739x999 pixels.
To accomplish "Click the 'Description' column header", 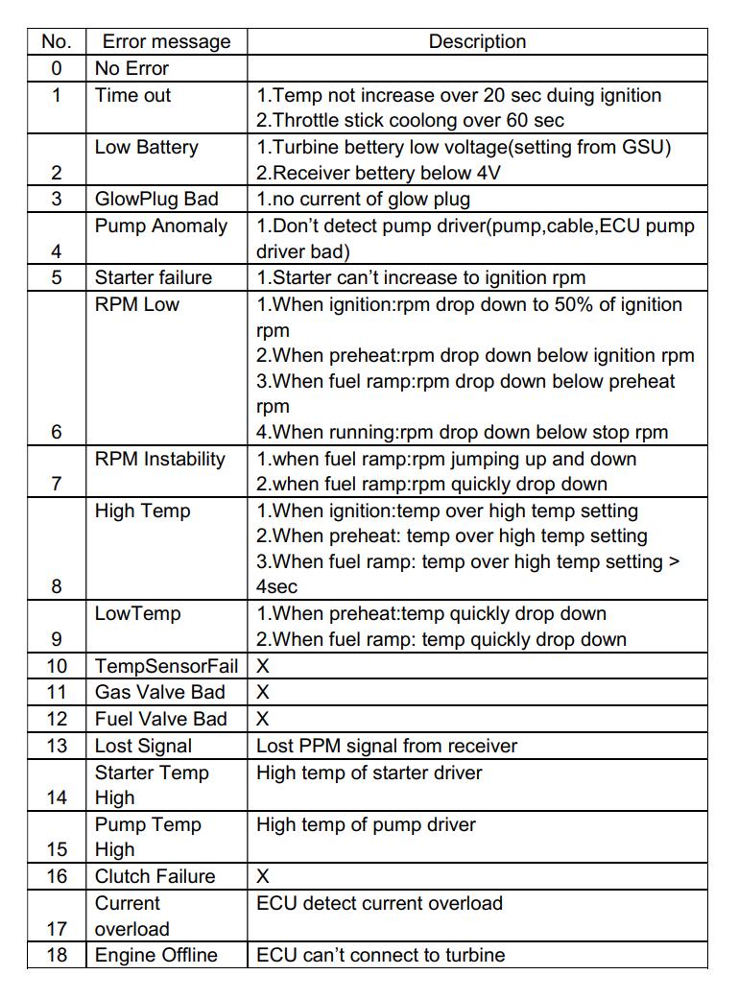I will (477, 42).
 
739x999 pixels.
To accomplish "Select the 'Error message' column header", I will (167, 42).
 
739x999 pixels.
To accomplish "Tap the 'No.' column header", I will (57, 42).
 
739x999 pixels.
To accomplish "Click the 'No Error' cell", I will (131, 68).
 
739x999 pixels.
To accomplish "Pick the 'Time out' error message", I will (133, 95).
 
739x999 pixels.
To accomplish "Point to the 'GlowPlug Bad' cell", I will (156, 200).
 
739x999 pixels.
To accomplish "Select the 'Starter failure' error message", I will (154, 278).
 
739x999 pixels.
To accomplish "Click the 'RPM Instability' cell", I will (160, 460).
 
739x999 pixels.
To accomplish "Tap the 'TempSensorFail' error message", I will (166, 666).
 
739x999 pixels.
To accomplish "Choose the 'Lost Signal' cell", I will (143, 746).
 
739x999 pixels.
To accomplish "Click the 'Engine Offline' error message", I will (156, 955).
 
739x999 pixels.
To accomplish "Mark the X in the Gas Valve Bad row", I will (263, 693).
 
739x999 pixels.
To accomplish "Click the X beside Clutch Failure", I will (263, 876).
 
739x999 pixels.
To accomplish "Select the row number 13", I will (57, 746).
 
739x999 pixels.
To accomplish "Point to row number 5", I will (57, 278).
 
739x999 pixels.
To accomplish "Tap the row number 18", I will (57, 955).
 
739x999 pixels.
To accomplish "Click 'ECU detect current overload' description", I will (379, 903).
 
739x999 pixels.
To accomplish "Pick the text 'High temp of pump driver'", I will (366, 824).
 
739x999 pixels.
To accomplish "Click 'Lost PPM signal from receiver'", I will (387, 746).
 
